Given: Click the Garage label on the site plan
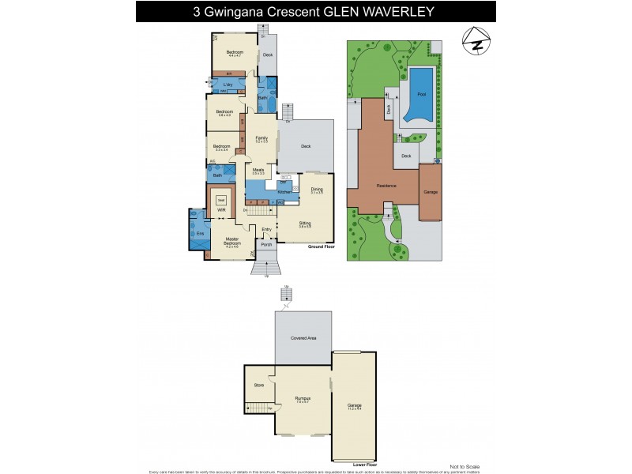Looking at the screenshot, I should click(x=431, y=192).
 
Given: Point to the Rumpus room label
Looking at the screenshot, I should click(x=303, y=397).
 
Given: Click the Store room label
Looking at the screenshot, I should click(x=258, y=385).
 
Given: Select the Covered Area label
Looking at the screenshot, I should click(x=303, y=337).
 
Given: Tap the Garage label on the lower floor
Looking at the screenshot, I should click(x=354, y=406).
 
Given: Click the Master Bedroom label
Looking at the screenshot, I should click(x=232, y=240).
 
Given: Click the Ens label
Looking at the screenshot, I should click(x=200, y=232).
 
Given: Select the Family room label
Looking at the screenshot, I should click(x=261, y=137).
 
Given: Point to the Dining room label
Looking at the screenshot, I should click(x=317, y=188).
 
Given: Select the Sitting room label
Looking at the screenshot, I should click(x=304, y=223).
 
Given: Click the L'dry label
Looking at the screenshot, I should click(x=227, y=84).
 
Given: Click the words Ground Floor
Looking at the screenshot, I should click(x=320, y=246).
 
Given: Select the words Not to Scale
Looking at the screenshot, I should click(x=464, y=466).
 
